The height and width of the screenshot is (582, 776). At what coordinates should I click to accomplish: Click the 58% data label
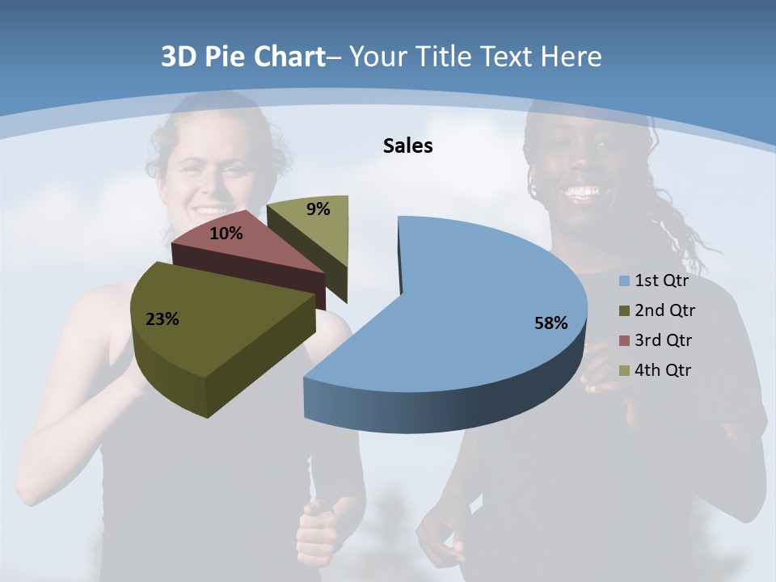click(550, 323)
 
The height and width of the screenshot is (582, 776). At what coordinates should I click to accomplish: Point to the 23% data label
click(162, 319)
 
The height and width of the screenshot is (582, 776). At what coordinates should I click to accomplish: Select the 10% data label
click(226, 234)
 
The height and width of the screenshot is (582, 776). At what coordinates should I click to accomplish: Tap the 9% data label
click(318, 209)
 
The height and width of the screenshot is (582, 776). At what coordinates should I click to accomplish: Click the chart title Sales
click(407, 145)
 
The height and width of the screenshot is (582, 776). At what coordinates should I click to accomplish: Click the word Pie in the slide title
click(227, 57)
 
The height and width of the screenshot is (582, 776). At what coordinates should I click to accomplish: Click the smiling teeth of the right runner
click(583, 193)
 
